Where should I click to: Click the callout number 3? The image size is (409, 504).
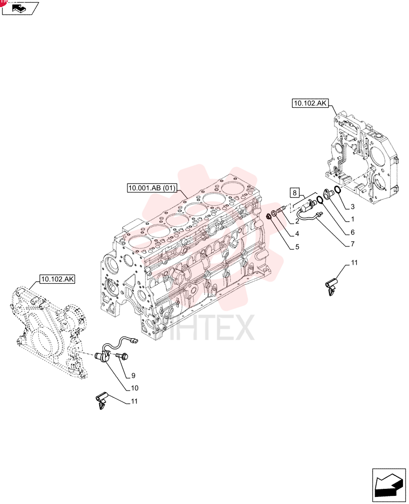353,206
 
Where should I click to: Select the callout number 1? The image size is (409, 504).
353,219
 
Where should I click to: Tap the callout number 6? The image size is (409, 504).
353,232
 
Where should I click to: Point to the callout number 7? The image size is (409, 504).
353,244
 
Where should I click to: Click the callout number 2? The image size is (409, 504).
297,221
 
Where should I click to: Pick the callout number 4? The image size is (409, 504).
297,234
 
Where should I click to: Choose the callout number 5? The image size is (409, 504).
297,246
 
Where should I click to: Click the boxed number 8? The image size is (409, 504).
295,193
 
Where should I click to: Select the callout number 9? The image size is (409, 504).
133,375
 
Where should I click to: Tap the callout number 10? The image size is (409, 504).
134,388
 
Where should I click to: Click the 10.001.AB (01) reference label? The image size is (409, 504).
152,187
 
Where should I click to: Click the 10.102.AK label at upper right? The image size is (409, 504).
310,103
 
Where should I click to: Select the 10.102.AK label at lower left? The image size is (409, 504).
57,279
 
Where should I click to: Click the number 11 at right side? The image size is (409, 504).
354,263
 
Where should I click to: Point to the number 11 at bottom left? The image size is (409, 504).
134,401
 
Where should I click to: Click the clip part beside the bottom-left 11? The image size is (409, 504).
102,402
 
